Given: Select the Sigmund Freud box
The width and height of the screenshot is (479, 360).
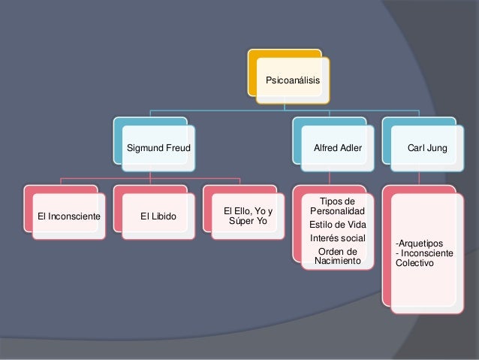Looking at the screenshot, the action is [x=158, y=149].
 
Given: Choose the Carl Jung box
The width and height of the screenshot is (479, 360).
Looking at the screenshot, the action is [x=426, y=149].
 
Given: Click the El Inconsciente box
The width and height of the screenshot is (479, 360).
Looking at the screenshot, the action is [x=68, y=217].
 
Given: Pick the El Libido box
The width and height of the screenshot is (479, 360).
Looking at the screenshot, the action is [x=158, y=217].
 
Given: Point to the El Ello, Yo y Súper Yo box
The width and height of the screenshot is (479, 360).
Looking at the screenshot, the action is [x=248, y=217].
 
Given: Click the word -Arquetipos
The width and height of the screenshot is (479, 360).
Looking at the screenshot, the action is [x=420, y=244].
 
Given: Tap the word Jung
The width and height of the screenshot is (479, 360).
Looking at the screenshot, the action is [x=436, y=149].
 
